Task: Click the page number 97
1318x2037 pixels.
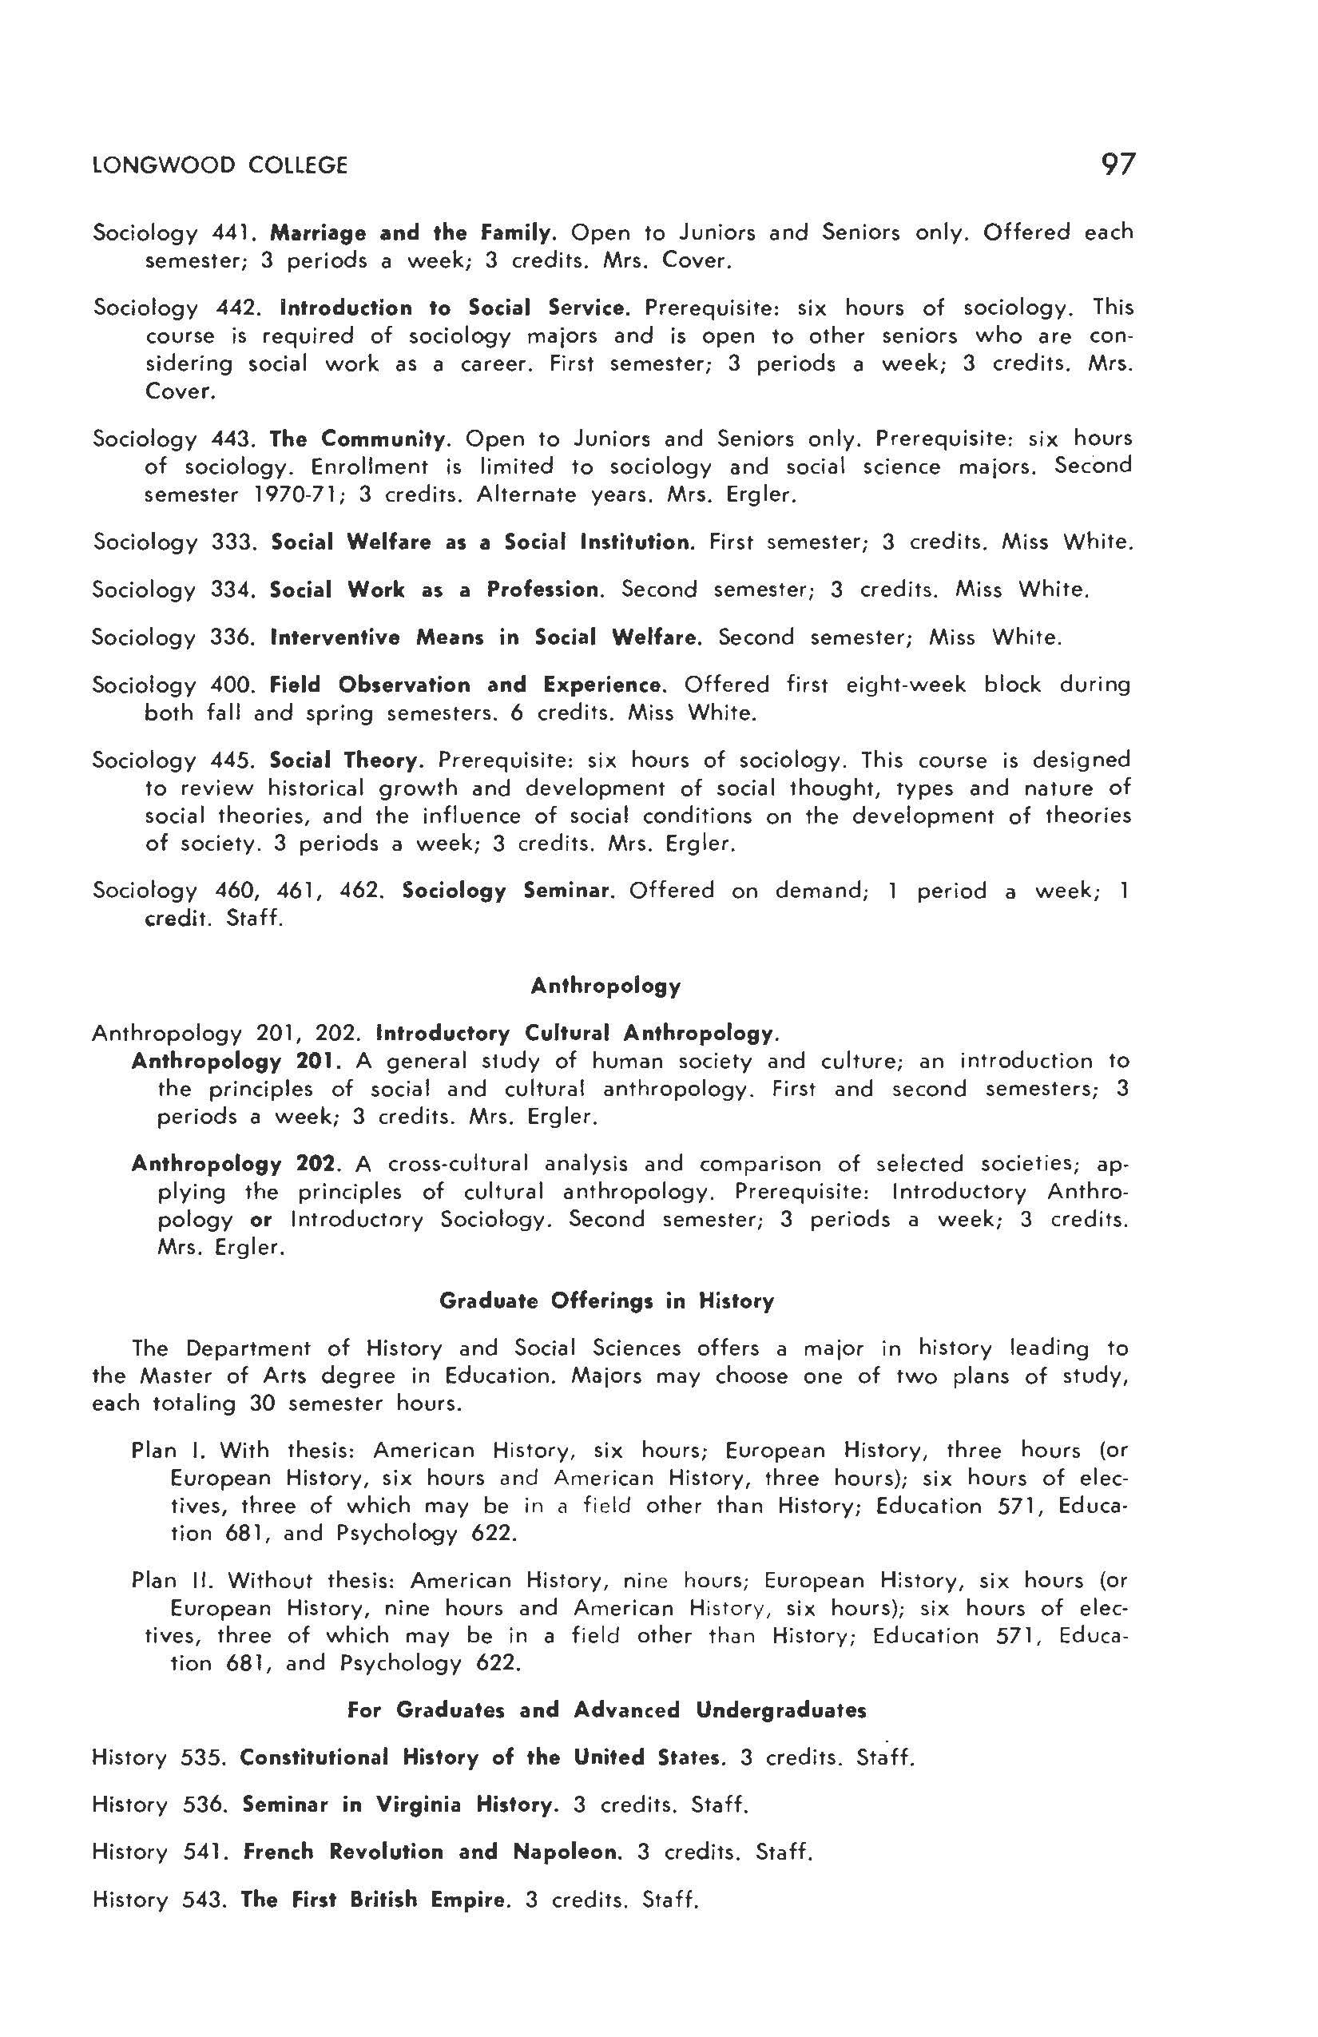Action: [1117, 164]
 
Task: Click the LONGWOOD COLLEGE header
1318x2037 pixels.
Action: [220, 165]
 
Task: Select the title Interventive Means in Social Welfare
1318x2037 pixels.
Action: [486, 637]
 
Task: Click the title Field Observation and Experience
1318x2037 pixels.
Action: [466, 685]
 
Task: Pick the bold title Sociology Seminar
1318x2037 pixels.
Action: [507, 891]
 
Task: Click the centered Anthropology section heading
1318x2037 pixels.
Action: [605, 986]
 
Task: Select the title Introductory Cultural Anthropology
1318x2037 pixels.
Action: [577, 1033]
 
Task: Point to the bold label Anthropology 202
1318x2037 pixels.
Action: [237, 1164]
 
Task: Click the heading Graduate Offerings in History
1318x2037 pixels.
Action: [606, 1301]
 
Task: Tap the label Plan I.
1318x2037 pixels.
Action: [168, 1451]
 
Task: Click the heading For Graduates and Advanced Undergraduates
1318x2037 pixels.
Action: [606, 1710]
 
